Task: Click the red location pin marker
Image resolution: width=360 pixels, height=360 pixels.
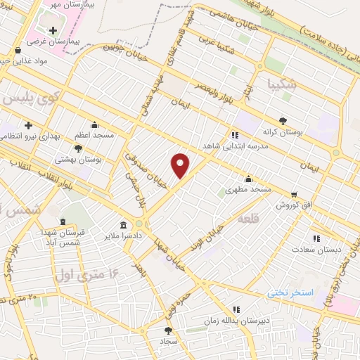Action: click(181, 165)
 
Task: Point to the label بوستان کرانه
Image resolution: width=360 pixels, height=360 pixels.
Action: click(283, 132)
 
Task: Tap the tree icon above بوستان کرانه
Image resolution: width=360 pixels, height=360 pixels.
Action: click(283, 120)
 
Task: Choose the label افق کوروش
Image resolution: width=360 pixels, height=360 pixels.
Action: click(293, 205)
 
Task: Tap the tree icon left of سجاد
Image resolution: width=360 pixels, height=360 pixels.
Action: click(167, 330)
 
